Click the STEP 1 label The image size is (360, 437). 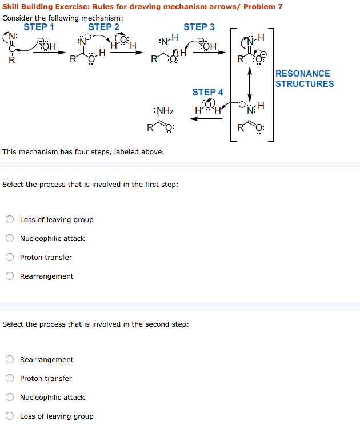click(39, 27)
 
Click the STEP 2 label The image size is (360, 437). click(103, 27)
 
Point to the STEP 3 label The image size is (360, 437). click(199, 27)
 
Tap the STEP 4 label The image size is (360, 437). click(207, 92)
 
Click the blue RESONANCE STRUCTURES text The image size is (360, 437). click(304, 78)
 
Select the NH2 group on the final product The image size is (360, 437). click(163, 110)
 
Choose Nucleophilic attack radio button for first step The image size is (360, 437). click(10, 239)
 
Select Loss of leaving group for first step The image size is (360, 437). click(10, 220)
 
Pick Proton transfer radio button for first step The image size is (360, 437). click(10, 258)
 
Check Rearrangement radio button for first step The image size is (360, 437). click(10, 276)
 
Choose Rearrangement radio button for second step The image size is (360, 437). click(10, 360)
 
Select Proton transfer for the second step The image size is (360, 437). click(10, 379)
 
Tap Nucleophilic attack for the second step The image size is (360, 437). click(10, 398)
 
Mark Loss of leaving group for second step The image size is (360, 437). click(10, 416)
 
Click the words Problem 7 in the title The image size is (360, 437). click(263, 7)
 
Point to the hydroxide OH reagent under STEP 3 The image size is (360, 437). click(209, 46)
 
